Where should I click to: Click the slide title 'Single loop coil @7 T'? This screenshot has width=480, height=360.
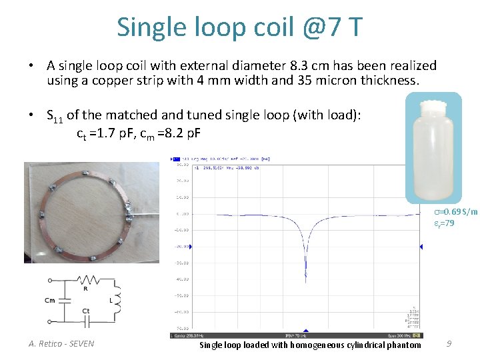pos(240,27)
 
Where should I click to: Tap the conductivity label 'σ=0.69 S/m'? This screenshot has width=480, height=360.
pos(455,212)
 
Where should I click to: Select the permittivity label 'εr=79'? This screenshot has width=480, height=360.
pos(444,223)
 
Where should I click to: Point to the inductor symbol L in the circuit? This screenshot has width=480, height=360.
pos(117,300)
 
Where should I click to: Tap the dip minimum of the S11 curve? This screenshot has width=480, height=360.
pos(306,272)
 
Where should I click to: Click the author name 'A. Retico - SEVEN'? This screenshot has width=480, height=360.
pos(61,344)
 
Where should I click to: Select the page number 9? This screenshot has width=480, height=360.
pos(449,344)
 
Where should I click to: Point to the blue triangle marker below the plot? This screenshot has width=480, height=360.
pos(306,331)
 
